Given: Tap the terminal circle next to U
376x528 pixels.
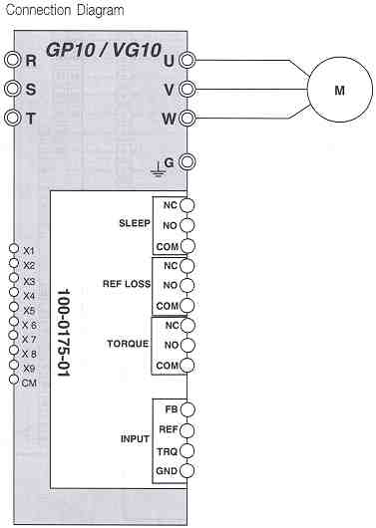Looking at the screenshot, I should pyautogui.click(x=187, y=61).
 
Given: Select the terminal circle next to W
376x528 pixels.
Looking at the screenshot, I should pyautogui.click(x=187, y=118).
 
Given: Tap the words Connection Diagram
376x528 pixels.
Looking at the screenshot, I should pyautogui.click(x=63, y=10).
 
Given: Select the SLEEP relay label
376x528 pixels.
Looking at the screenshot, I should pyautogui.click(x=134, y=223).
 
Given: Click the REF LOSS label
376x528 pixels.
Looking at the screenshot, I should pyautogui.click(x=126, y=285).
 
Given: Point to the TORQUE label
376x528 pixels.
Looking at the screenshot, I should pyautogui.click(x=128, y=345).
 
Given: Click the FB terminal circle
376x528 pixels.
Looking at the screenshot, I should pyautogui.click(x=187, y=409).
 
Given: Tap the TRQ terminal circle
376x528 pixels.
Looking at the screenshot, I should pyautogui.click(x=187, y=449).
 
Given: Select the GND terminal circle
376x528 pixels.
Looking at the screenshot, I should pyautogui.click(x=187, y=469).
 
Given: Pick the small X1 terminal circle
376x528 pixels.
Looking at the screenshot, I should pyautogui.click(x=12, y=248).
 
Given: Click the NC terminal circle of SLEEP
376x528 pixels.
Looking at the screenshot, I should pyautogui.click(x=187, y=205).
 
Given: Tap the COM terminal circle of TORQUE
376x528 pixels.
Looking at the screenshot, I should pyautogui.click(x=187, y=366).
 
